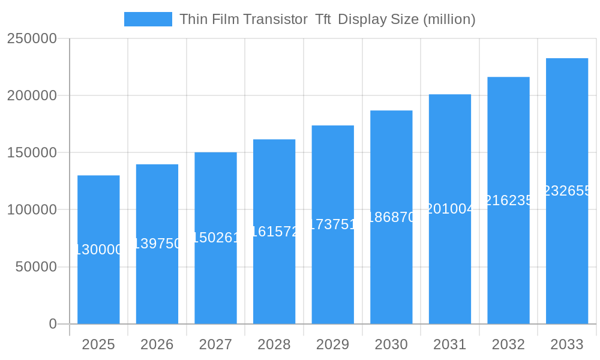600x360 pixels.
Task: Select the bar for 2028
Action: (274, 276)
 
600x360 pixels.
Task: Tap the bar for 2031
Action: (450, 264)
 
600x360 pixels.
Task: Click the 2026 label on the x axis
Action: (157, 344)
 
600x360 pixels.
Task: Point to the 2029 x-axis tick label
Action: (333, 344)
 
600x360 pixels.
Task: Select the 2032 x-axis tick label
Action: (508, 344)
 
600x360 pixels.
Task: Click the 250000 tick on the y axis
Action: (32, 38)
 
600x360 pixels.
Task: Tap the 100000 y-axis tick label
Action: (32, 210)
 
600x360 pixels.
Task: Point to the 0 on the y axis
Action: (53, 324)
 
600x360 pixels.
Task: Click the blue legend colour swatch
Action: (148, 19)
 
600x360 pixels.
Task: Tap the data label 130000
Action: (98, 250)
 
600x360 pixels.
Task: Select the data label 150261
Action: (216, 238)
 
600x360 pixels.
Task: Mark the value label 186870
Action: (391, 217)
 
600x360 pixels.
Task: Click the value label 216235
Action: (508, 200)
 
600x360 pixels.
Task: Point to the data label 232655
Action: (567, 191)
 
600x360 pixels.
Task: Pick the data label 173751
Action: (333, 224)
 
